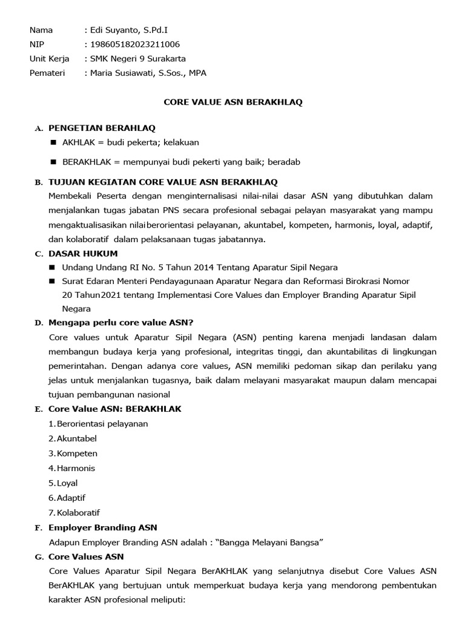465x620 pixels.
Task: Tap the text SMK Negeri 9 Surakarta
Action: pos(137,59)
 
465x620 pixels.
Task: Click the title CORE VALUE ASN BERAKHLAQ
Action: pos(233,102)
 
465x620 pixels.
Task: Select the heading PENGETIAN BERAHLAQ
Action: pos(102,128)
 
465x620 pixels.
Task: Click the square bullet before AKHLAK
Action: pos(52,143)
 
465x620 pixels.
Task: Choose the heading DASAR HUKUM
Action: pos(83,253)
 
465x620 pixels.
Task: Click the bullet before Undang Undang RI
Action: pos(52,267)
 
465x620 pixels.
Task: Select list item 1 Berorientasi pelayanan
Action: pos(98,424)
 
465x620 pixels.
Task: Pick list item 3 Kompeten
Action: pos(73,453)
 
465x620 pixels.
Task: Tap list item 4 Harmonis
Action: pos(71,468)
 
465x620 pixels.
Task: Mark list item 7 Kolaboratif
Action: pos(74,512)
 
